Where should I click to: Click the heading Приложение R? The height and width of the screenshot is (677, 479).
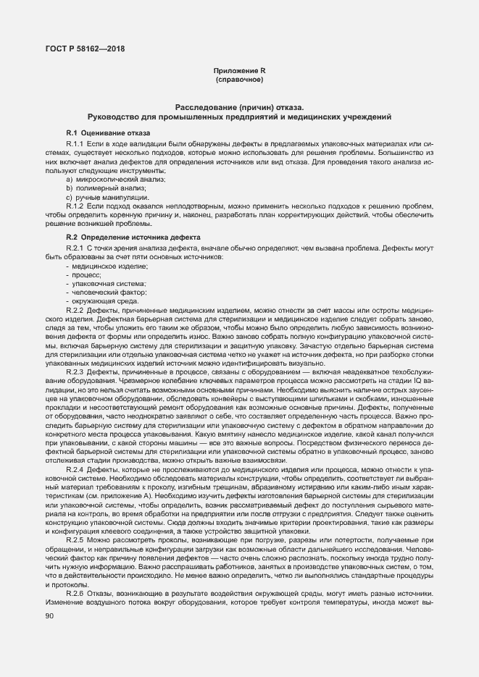point(239,70)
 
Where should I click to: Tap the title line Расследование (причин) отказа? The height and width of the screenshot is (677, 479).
point(239,106)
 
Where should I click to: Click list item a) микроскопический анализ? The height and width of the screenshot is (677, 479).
point(106,178)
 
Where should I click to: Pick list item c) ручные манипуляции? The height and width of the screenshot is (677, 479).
point(99,197)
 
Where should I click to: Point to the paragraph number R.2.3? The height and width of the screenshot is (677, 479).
point(76,371)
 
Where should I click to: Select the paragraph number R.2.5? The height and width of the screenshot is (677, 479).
point(76,539)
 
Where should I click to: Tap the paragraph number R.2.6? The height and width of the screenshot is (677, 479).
point(76,593)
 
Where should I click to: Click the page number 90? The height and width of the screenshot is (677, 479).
point(49,615)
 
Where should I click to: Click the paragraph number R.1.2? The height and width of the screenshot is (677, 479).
point(76,206)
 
